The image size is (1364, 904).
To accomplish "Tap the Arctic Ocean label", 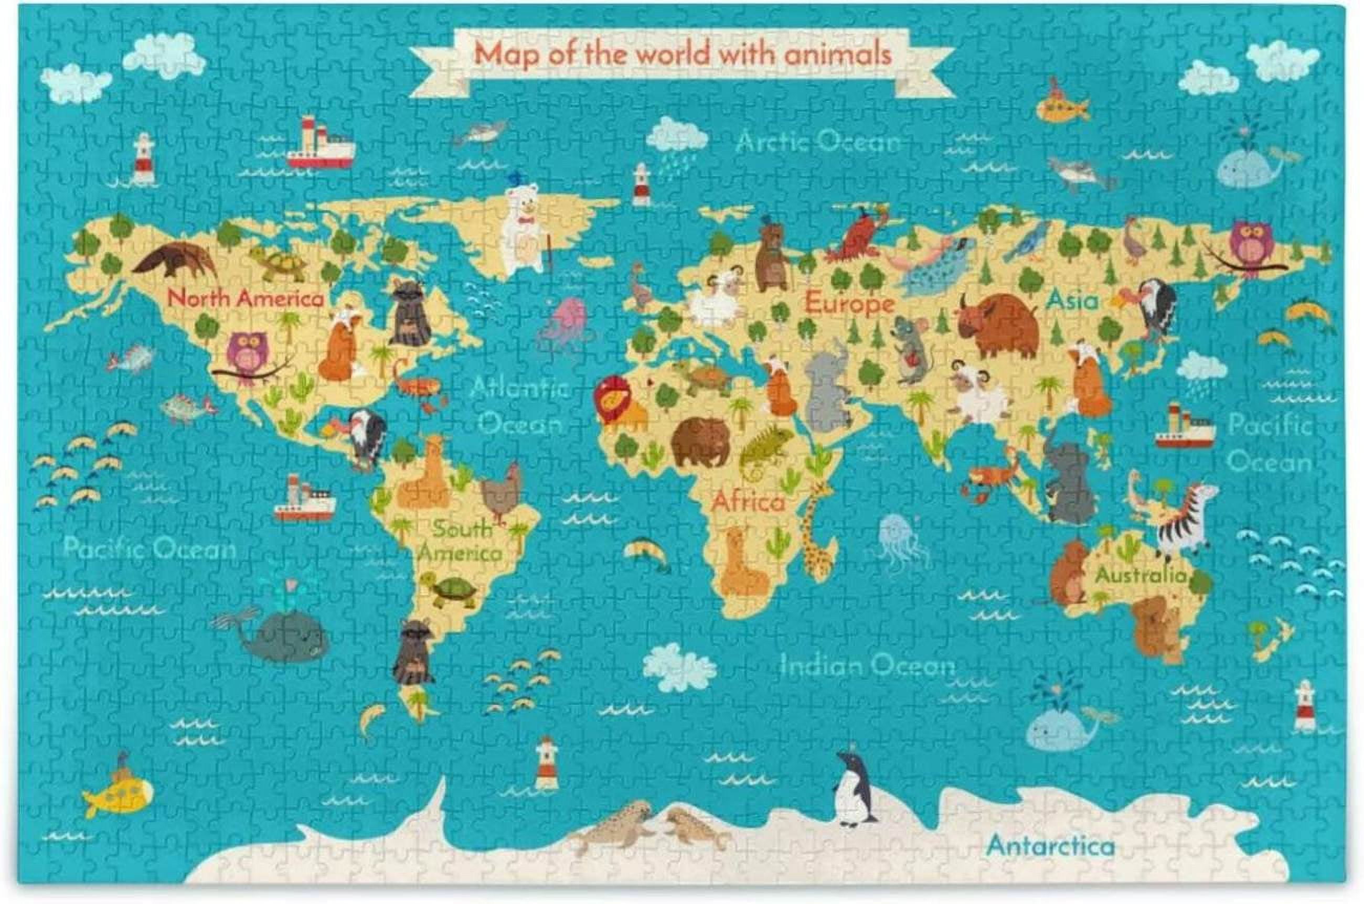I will point(817,141).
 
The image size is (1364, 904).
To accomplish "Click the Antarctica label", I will point(1050,846).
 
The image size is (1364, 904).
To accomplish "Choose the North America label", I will point(246,299).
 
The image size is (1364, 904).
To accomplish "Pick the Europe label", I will point(849,303).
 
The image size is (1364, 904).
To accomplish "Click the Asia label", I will point(1073,300).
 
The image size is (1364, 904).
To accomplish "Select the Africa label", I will point(748,502).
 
